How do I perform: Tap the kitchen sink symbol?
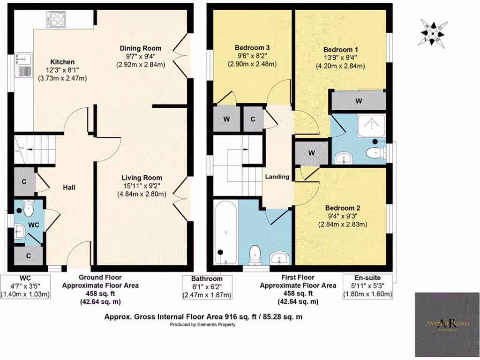(22, 65)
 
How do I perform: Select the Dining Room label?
(141, 48)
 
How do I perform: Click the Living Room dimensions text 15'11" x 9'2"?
(142, 186)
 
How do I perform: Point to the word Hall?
(69, 187)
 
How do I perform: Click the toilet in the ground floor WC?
(28, 206)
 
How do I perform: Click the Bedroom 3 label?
(252, 48)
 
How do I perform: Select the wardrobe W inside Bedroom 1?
(358, 101)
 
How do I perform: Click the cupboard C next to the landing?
(253, 119)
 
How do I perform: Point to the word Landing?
(277, 177)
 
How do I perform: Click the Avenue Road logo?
(447, 324)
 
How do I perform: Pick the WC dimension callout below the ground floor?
(27, 286)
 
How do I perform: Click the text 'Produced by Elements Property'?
(202, 324)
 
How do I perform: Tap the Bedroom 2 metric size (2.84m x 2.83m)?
(343, 224)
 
